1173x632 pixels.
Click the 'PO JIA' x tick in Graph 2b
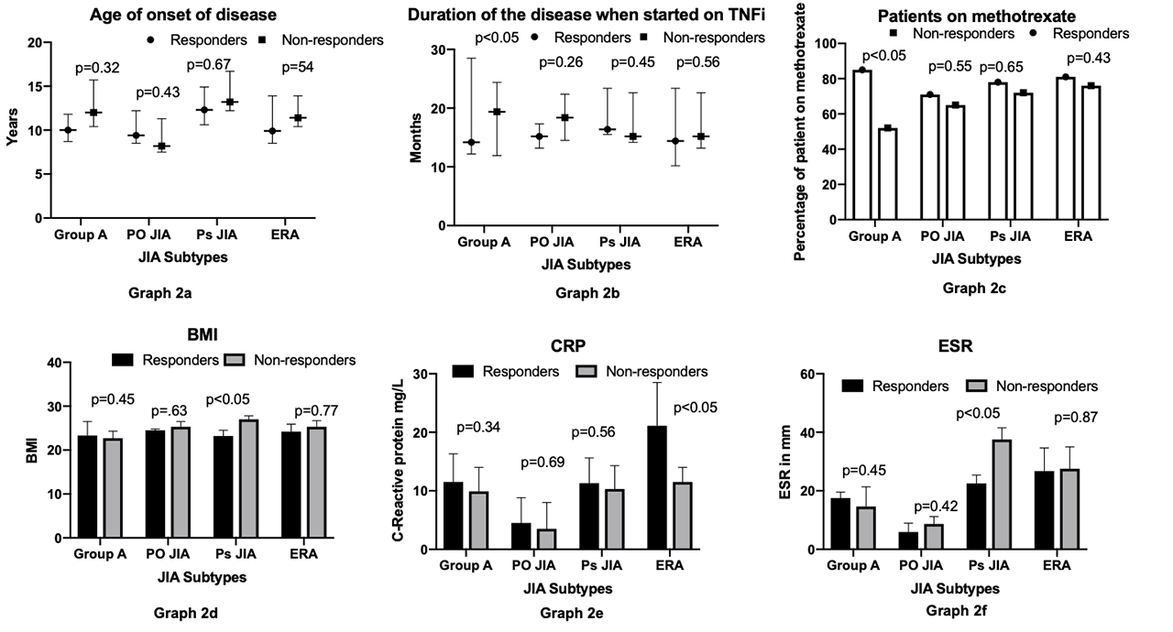pyautogui.click(x=554, y=243)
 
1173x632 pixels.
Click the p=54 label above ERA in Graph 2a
pyautogui.click(x=298, y=67)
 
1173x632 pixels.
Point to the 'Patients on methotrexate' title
pyautogui.click(x=976, y=16)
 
